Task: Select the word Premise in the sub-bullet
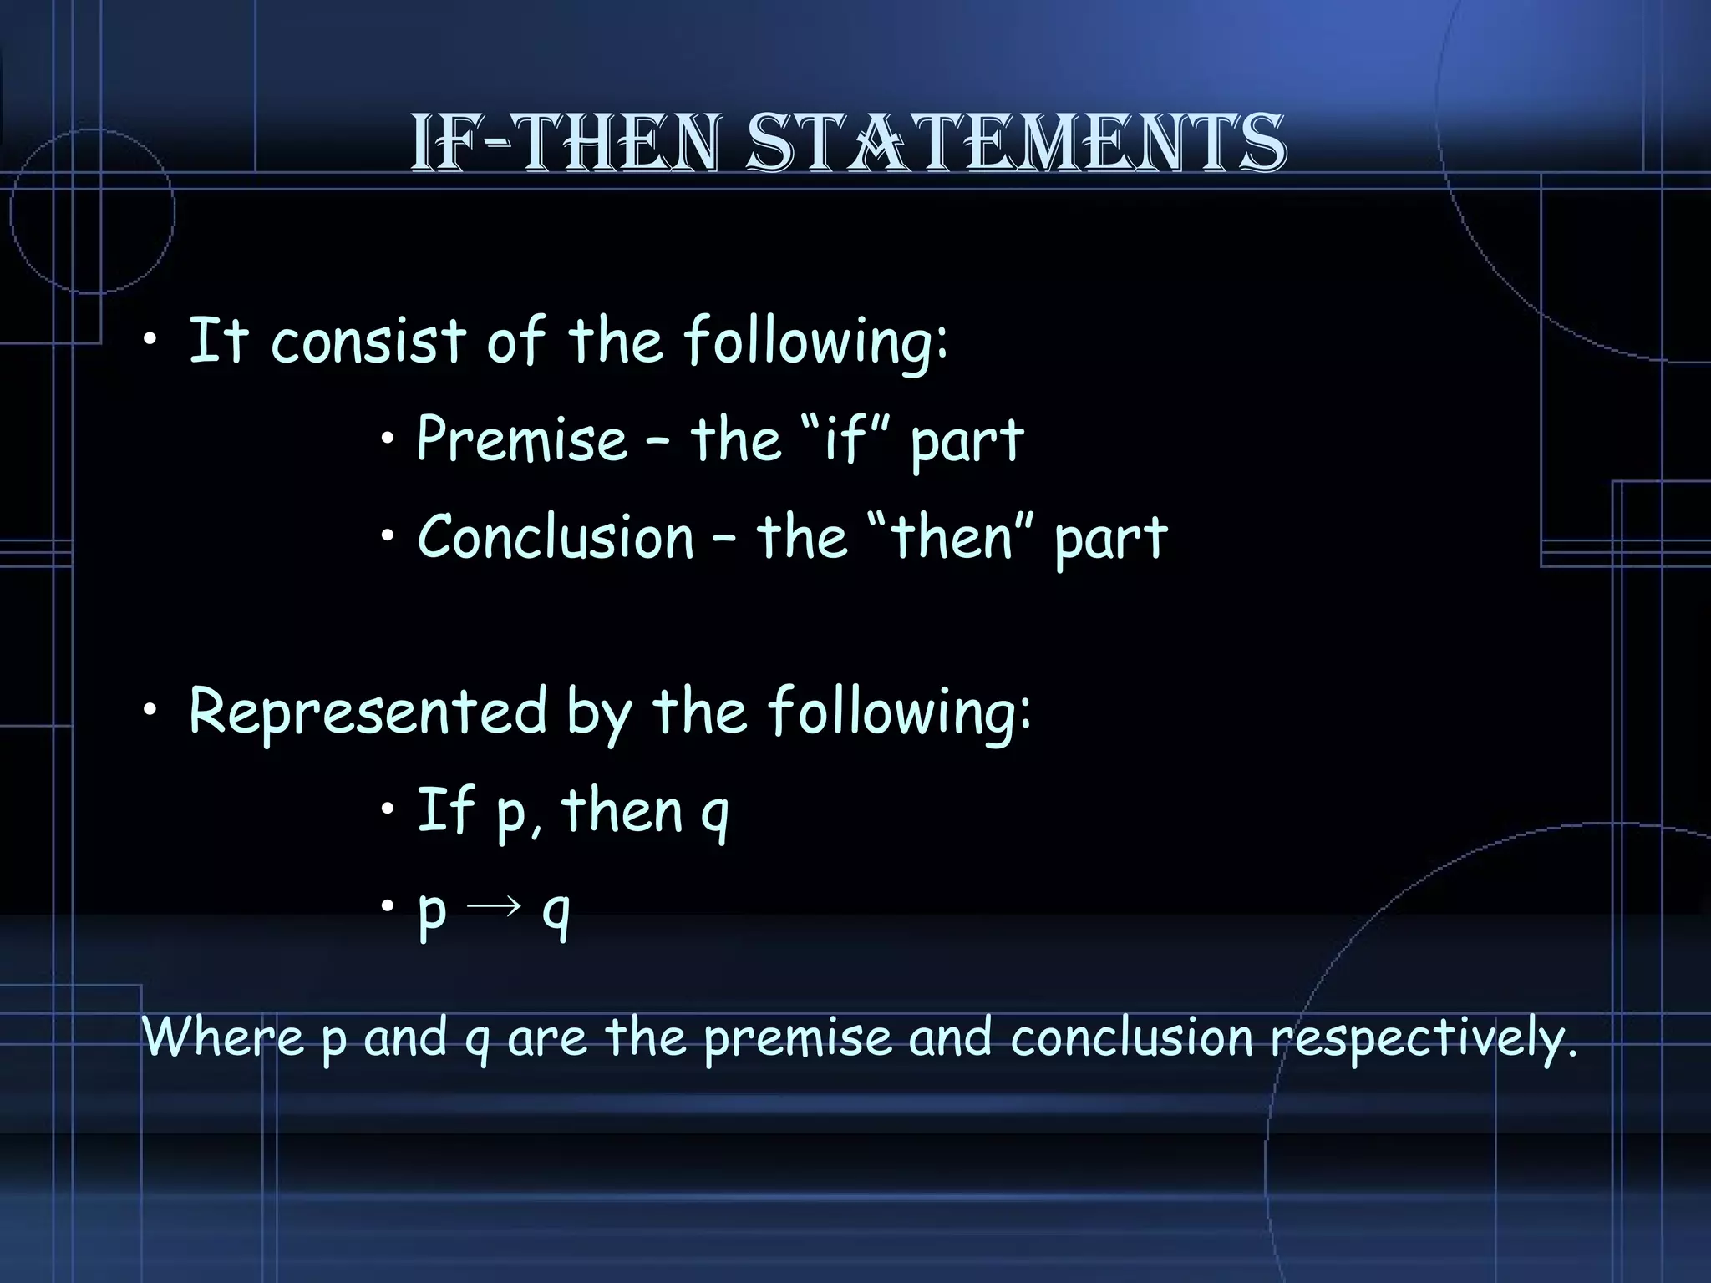click(521, 439)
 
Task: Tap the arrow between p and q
click(495, 906)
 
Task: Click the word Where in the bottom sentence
click(223, 1037)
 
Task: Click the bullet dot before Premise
click(388, 439)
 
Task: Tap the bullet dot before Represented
click(149, 712)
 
